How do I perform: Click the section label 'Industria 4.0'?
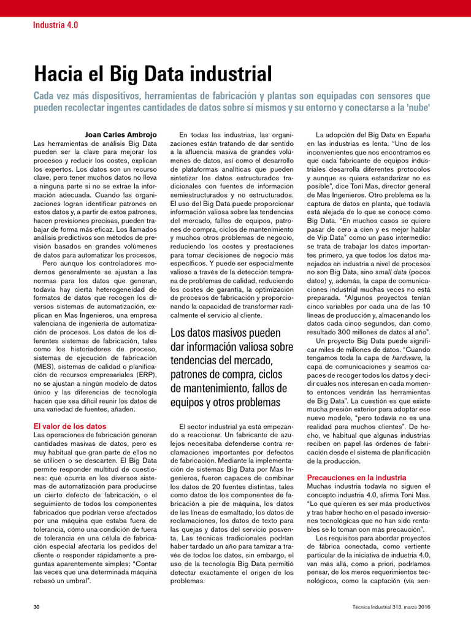point(55,25)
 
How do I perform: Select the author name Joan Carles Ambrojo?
point(121,134)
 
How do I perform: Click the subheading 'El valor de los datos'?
point(69,426)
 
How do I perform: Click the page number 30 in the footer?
point(36,607)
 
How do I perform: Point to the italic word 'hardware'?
point(407,357)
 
